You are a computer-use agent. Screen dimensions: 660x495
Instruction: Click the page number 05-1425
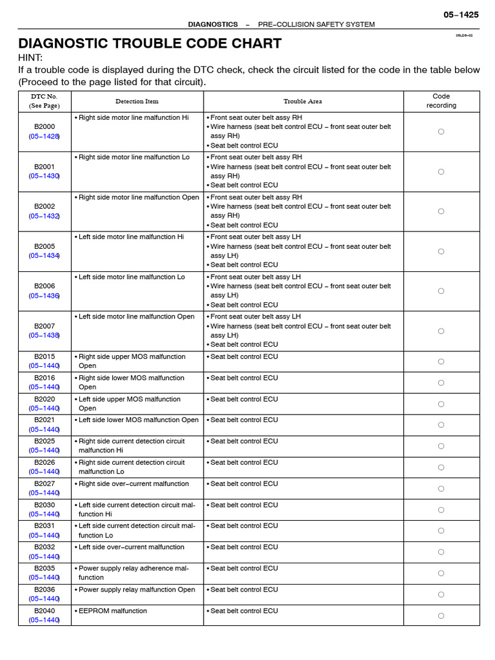[461, 14]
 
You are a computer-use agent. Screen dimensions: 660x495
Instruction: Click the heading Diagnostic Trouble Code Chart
[150, 43]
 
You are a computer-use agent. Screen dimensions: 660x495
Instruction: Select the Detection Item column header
[137, 101]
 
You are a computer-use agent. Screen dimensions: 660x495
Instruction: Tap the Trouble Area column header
[303, 101]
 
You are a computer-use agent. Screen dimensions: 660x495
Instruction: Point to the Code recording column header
[442, 101]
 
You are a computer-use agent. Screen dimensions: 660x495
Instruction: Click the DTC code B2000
[44, 127]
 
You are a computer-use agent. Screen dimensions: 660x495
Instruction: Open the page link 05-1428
[44, 137]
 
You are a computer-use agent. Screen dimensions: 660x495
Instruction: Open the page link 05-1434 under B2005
[44, 256]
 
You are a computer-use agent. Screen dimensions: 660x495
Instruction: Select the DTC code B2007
[44, 326]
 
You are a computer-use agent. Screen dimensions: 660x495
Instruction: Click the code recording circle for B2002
[442, 211]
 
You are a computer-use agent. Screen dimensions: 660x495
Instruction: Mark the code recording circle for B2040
[442, 616]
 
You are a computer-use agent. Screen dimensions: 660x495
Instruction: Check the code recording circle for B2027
[442, 489]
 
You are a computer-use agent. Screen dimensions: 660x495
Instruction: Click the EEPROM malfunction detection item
[113, 611]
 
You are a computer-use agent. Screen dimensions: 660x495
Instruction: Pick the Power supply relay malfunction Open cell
[137, 590]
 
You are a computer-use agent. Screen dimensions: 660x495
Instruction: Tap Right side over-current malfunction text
[134, 484]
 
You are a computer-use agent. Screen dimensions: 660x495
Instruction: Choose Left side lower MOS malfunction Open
[139, 420]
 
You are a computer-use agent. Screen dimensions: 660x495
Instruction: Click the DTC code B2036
[44, 590]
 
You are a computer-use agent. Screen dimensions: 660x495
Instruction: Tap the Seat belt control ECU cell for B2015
[244, 357]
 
